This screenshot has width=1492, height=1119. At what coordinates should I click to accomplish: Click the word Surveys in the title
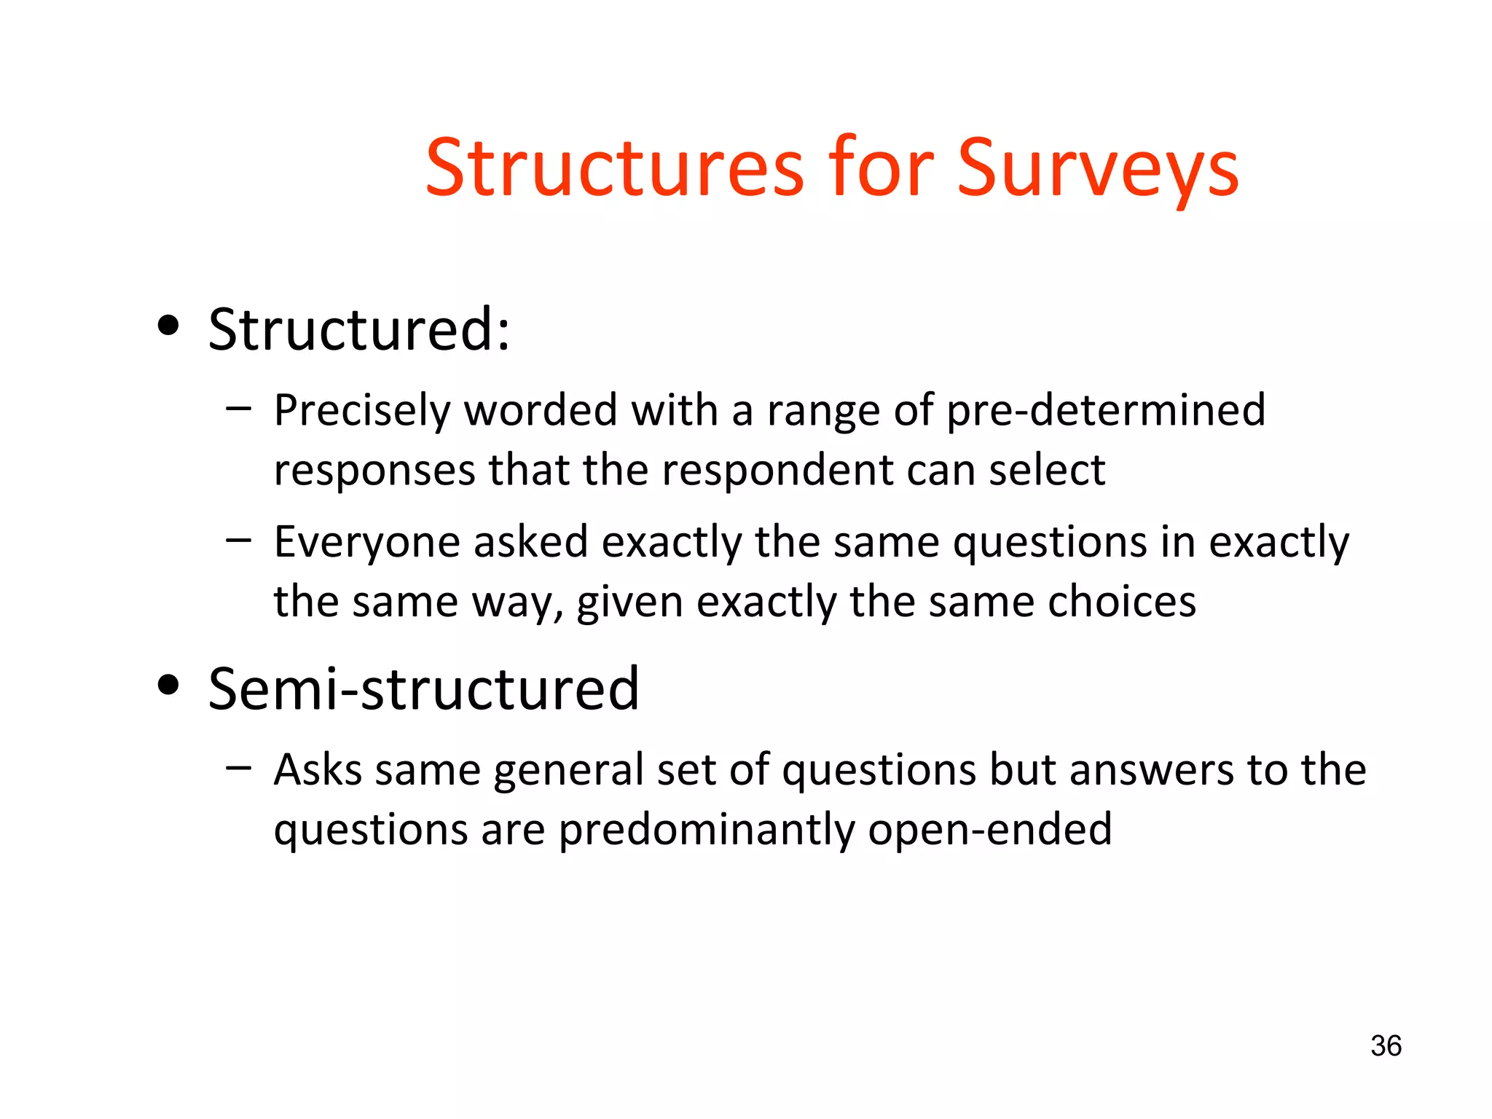click(x=1097, y=169)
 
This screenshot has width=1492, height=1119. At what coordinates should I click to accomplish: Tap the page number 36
click(x=1386, y=1046)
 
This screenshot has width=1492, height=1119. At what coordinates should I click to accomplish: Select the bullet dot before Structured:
click(x=168, y=326)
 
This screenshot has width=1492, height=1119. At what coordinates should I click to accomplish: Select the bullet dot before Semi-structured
click(x=168, y=685)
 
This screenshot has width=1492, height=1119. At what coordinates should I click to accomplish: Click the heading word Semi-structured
click(x=423, y=688)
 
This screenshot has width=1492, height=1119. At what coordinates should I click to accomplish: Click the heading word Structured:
click(x=359, y=329)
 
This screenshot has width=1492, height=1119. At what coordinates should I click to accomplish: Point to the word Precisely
click(x=362, y=411)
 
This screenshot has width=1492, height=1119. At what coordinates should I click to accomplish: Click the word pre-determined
click(x=1105, y=411)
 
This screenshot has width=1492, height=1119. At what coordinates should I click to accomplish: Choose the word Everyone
click(x=366, y=543)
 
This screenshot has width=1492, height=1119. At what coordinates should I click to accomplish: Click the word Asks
click(x=318, y=770)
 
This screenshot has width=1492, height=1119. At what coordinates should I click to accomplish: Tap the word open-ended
click(x=990, y=830)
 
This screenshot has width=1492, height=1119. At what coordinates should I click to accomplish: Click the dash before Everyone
click(x=238, y=541)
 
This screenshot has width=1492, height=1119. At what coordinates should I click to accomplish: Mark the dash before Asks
click(x=238, y=767)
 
